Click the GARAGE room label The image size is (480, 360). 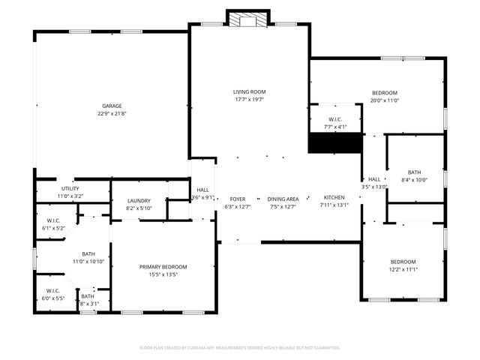[112, 106]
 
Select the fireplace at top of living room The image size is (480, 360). [248, 19]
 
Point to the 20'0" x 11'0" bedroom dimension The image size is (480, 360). [385, 100]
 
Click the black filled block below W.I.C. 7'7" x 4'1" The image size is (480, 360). [335, 142]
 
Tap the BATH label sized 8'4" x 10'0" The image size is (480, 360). [414, 172]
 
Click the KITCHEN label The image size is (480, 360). [334, 198]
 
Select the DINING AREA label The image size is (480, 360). [283, 199]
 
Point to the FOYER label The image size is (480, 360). [238, 199]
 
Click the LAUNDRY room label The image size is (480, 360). [139, 200]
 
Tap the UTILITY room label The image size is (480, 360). [70, 188]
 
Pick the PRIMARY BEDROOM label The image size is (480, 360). [163, 266]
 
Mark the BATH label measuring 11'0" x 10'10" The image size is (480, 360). [88, 253]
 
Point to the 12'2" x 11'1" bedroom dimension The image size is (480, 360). [403, 269]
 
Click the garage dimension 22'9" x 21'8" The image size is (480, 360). [112, 114]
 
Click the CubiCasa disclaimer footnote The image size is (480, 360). [239, 347]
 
